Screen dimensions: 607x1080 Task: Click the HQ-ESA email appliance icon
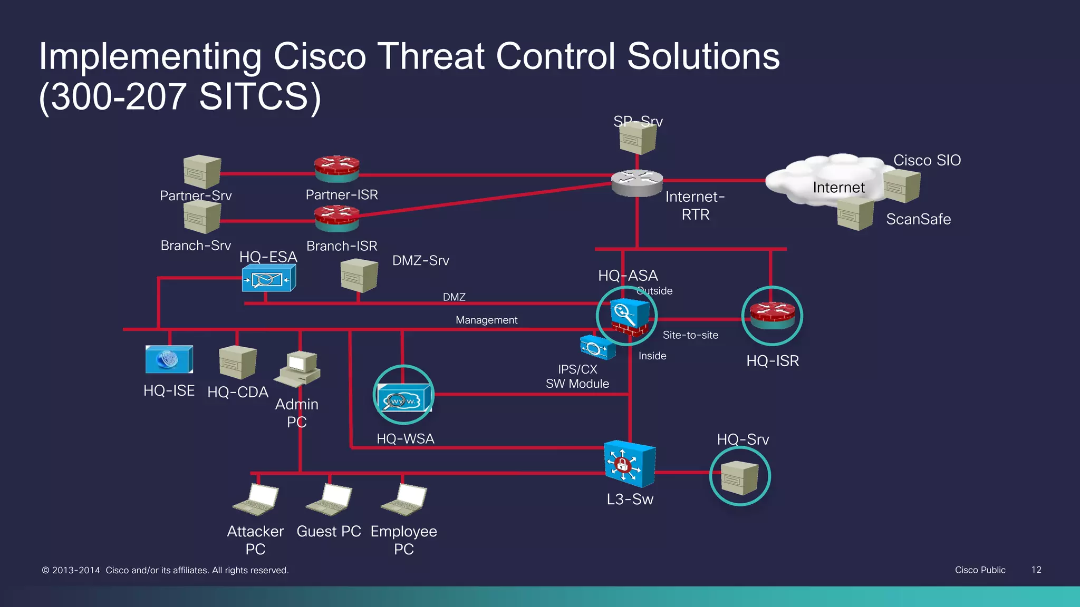[268, 278]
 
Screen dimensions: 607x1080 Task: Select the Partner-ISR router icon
[336, 169]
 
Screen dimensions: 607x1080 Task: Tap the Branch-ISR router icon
[336, 218]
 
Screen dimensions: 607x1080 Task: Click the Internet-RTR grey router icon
[637, 182]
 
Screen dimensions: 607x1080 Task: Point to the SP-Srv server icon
[638, 139]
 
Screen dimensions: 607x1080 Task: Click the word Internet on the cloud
[838, 188]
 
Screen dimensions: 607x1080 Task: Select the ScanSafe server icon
[855, 214]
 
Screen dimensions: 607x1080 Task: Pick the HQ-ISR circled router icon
[772, 316]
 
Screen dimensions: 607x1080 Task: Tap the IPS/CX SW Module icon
[597, 348]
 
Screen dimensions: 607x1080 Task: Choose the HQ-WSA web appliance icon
[403, 398]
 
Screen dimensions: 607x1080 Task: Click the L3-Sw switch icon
[630, 464]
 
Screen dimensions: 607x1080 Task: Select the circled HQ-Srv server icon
[739, 477]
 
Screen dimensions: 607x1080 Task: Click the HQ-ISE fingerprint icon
[169, 359]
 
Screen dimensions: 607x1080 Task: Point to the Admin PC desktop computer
[298, 368]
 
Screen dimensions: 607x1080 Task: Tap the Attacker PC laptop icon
[257, 499]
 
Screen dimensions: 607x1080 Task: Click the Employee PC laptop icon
[404, 499]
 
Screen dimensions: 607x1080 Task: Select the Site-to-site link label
[690, 335]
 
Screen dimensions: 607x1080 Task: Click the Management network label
[486, 320]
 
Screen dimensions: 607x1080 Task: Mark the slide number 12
[1036, 570]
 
